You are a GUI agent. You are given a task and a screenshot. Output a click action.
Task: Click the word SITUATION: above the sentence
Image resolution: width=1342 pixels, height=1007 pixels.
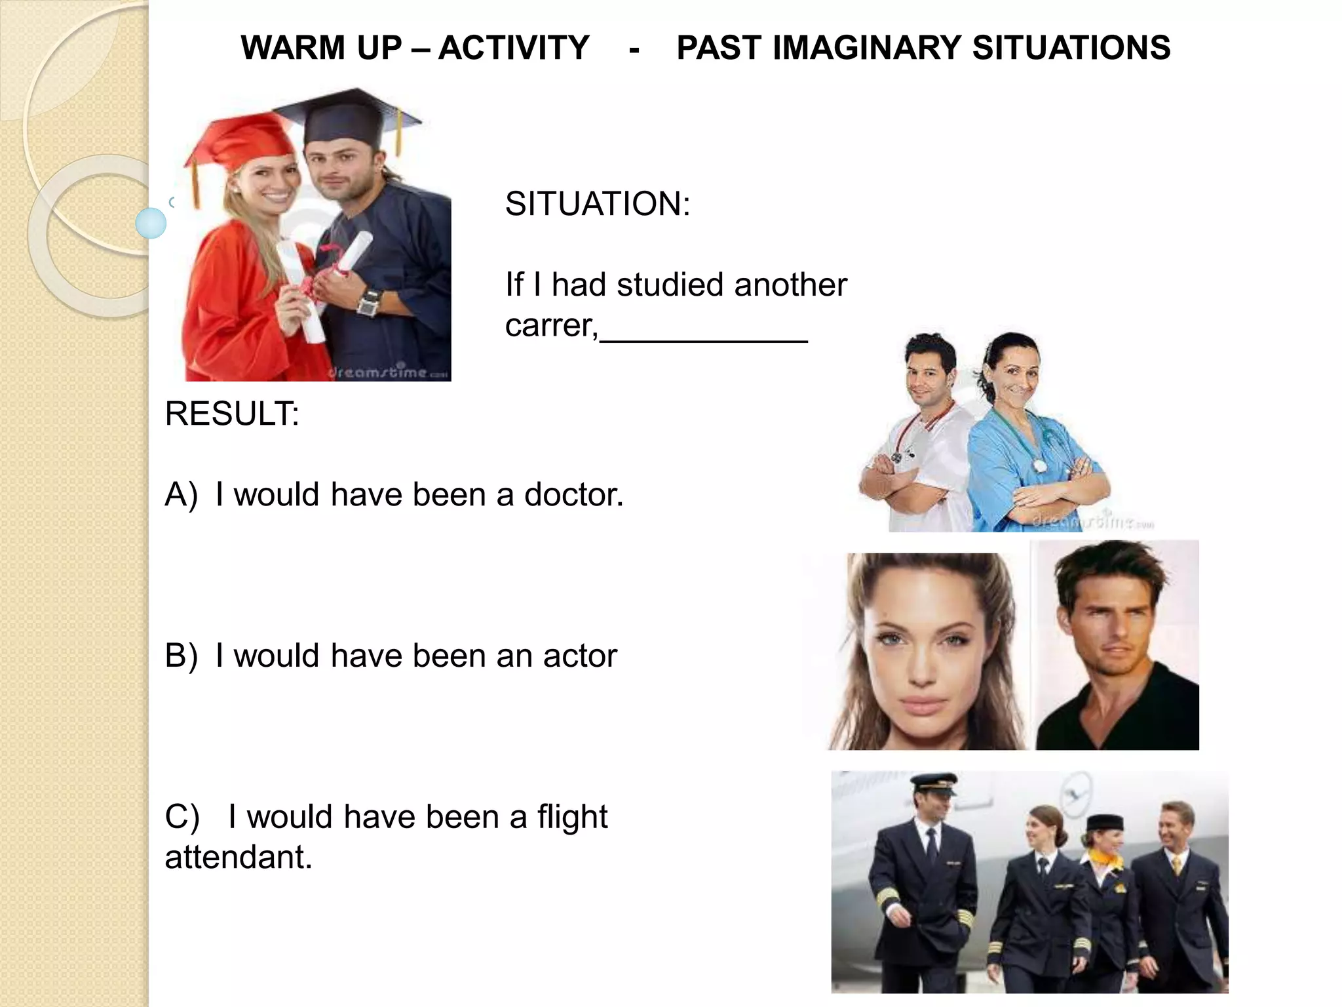[597, 204]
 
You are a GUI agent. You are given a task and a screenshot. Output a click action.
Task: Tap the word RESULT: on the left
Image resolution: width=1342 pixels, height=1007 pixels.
[232, 414]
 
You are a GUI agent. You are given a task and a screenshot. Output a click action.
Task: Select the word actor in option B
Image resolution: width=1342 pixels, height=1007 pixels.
[580, 656]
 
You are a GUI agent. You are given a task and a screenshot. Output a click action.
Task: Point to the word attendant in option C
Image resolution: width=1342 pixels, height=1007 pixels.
[239, 858]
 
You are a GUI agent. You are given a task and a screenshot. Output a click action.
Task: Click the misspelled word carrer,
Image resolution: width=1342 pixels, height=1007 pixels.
[551, 325]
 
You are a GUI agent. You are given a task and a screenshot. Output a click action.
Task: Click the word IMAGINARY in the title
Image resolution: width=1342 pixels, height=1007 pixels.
[870, 48]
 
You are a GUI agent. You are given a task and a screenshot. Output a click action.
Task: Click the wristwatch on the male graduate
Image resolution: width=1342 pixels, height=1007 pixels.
[370, 302]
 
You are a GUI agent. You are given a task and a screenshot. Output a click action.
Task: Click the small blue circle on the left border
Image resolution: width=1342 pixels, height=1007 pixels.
[151, 223]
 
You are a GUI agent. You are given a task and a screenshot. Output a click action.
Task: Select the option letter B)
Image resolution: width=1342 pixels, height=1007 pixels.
[181, 656]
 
